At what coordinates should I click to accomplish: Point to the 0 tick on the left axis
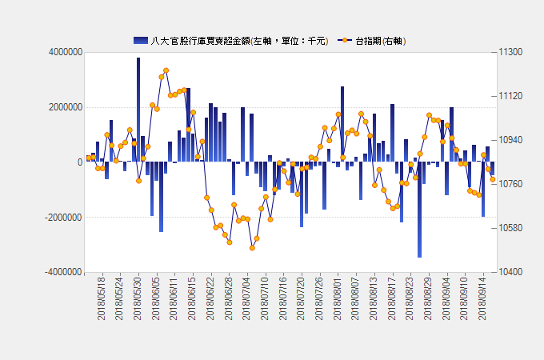(x=79, y=162)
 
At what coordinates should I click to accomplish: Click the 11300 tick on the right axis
(x=510, y=52)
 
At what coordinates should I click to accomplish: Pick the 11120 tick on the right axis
(x=510, y=96)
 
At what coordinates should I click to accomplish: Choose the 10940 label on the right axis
(x=510, y=140)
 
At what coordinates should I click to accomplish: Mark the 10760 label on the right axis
(x=510, y=184)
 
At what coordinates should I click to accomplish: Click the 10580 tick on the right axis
(x=510, y=228)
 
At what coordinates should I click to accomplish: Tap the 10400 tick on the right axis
(x=510, y=272)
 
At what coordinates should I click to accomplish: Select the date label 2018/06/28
(x=230, y=299)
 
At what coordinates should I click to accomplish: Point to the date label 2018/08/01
(x=338, y=299)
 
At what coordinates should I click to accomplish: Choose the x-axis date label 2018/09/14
(x=482, y=299)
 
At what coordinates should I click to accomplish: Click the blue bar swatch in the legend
(x=140, y=41)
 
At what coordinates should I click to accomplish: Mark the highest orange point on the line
(x=166, y=70)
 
